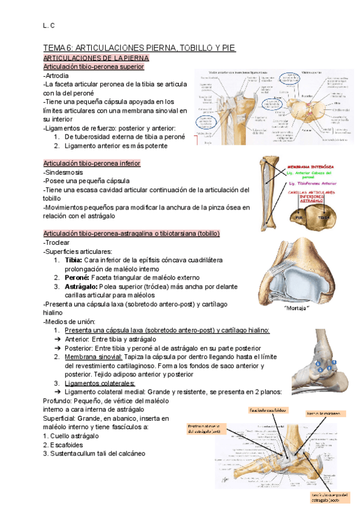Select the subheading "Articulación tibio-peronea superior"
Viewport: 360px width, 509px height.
click(x=94, y=67)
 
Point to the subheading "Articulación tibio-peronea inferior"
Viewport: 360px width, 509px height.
click(x=92, y=163)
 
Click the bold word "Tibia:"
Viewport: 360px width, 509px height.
click(x=74, y=260)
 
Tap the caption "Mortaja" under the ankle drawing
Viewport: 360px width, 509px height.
click(x=296, y=309)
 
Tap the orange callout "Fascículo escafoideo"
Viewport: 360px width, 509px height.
click(x=268, y=411)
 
